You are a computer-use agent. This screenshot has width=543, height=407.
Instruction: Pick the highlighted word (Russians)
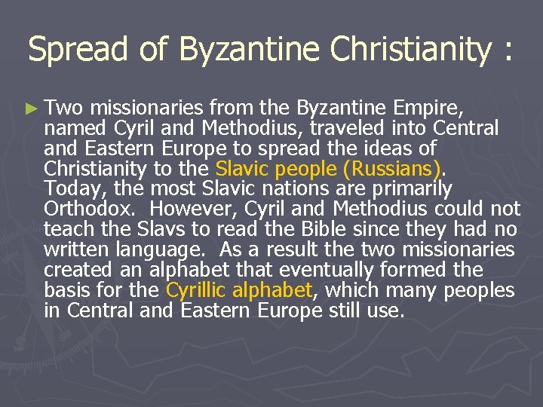(x=397, y=168)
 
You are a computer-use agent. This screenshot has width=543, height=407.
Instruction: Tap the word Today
(x=69, y=188)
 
